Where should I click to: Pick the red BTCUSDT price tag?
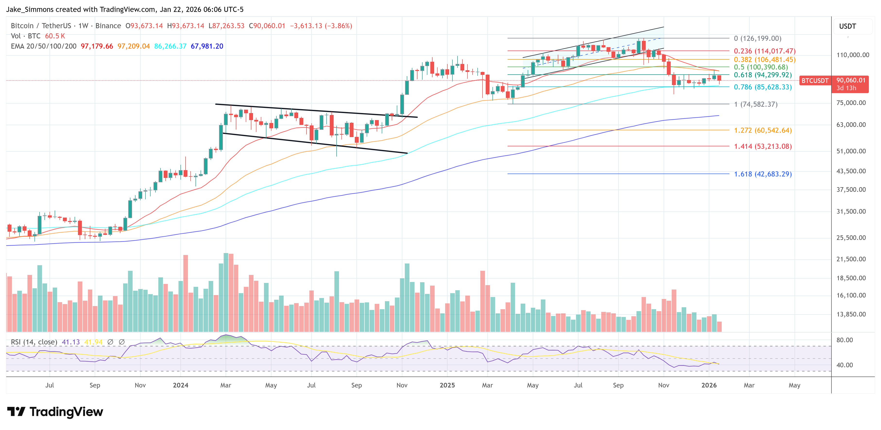click(x=815, y=81)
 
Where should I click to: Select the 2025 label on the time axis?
click(x=447, y=385)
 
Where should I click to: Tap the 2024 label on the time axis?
click(x=181, y=385)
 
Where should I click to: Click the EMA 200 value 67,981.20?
click(x=207, y=46)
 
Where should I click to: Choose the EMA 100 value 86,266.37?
click(x=170, y=46)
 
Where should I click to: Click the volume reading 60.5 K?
click(x=55, y=36)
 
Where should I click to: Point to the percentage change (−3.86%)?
click(x=338, y=26)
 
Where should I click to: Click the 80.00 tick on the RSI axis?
click(x=844, y=340)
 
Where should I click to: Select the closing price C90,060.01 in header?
click(x=267, y=26)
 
